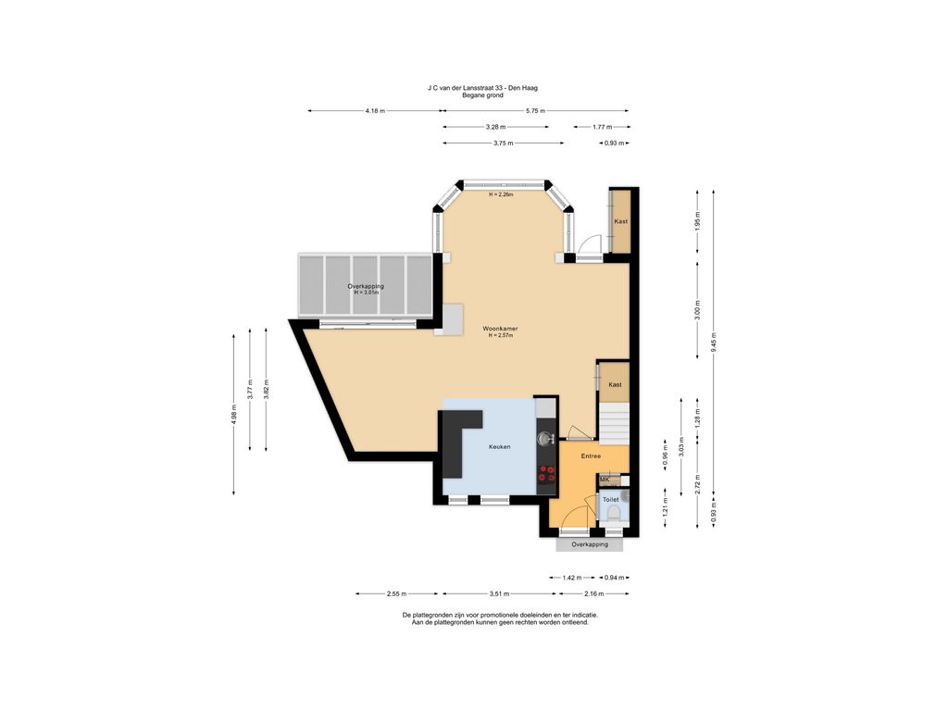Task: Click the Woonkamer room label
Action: [x=500, y=329]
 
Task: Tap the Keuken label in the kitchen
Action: [x=500, y=446]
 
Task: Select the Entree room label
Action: [x=591, y=455]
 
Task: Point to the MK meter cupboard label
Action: [x=605, y=480]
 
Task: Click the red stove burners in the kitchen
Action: [x=547, y=474]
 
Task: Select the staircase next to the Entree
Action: [x=613, y=421]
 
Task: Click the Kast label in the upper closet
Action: [x=620, y=221]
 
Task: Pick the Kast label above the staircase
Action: [x=614, y=383]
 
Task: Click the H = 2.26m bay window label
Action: [x=501, y=194]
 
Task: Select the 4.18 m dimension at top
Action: [x=375, y=110]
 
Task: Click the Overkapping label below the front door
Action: [x=590, y=544]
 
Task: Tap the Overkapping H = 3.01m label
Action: [x=366, y=289]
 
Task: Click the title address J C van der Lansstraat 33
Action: [x=482, y=88]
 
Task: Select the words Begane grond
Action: [x=482, y=95]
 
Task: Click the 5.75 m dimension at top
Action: [x=535, y=110]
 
